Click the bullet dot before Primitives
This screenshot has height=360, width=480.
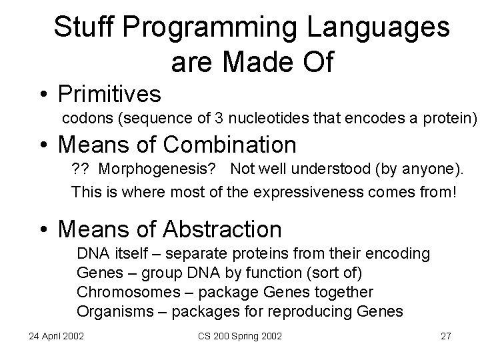click(41, 94)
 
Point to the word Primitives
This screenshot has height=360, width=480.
click(109, 94)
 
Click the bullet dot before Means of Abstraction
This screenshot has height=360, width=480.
click(41, 230)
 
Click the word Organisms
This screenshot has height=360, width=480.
click(108, 311)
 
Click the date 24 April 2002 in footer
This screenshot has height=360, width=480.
click(56, 336)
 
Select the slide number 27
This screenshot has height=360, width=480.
click(445, 336)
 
